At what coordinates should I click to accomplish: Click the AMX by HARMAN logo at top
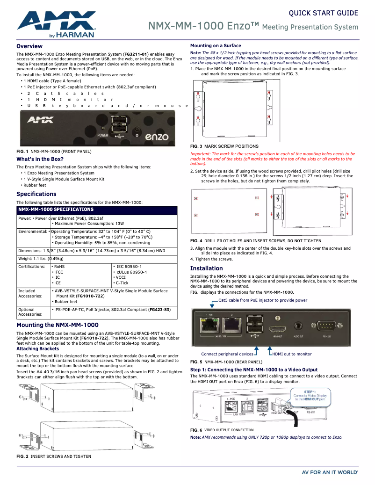(x=56, y=25)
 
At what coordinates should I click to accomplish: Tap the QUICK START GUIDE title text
(x=324, y=13)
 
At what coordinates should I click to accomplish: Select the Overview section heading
(x=29, y=46)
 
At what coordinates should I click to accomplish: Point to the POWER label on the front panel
(x=102, y=135)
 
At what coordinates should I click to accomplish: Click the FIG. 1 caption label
(x=22, y=152)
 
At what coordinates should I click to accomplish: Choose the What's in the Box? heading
(x=40, y=159)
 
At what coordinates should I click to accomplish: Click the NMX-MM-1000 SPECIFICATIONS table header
(x=56, y=210)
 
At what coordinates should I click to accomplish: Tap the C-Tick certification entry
(x=123, y=283)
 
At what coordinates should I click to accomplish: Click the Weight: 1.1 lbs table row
(x=41, y=259)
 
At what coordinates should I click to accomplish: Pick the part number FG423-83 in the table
(x=159, y=310)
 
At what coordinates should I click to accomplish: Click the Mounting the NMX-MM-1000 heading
(x=58, y=325)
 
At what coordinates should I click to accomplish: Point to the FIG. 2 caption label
(x=22, y=456)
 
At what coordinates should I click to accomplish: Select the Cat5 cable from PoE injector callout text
(x=263, y=300)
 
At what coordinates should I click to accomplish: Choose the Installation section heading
(x=206, y=268)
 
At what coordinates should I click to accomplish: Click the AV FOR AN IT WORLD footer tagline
(x=330, y=473)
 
